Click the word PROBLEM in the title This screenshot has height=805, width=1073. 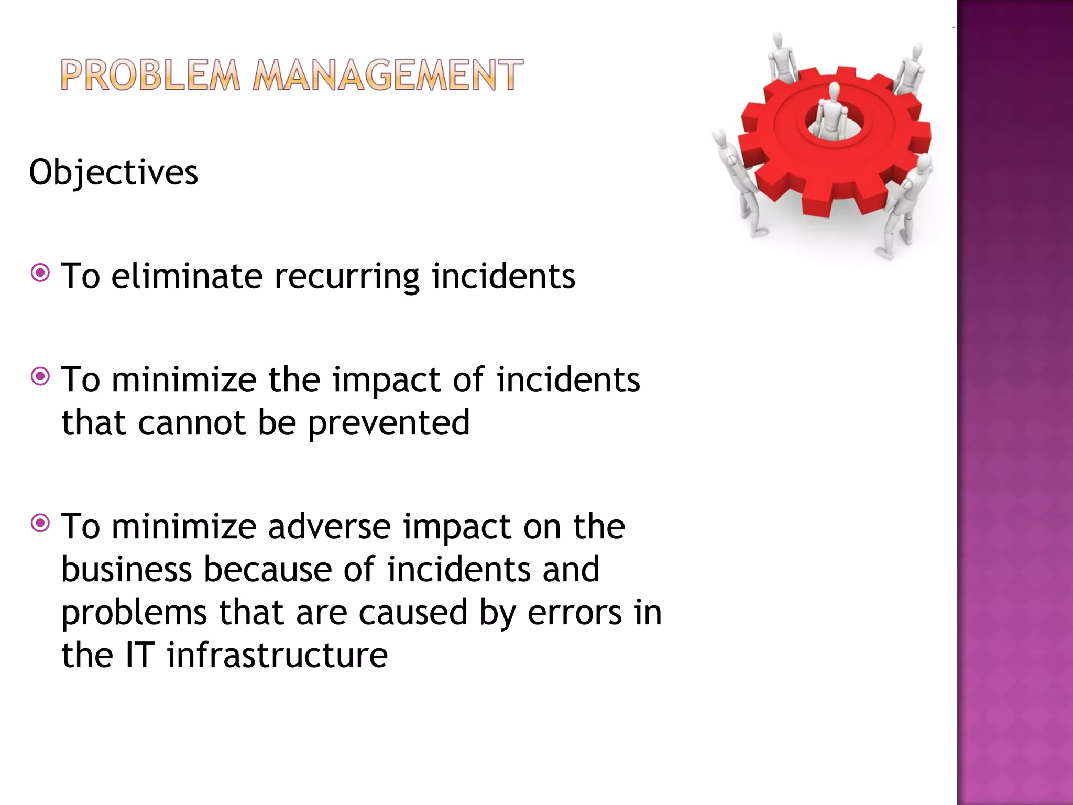150,75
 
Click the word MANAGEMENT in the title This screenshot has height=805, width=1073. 388,75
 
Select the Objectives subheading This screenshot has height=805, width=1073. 114,172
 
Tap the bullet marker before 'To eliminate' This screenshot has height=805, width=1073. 40,273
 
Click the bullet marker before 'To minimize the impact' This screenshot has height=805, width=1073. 40,376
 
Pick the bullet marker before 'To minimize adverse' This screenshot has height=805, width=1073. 40,523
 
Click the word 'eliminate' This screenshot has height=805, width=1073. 187,276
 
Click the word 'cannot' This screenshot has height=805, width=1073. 192,423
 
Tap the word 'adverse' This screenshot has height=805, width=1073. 329,526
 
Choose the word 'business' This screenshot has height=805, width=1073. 126,570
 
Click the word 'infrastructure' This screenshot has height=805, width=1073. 277,656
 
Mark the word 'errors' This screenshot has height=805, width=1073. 574,613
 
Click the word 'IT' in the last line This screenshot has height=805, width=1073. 139,656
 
